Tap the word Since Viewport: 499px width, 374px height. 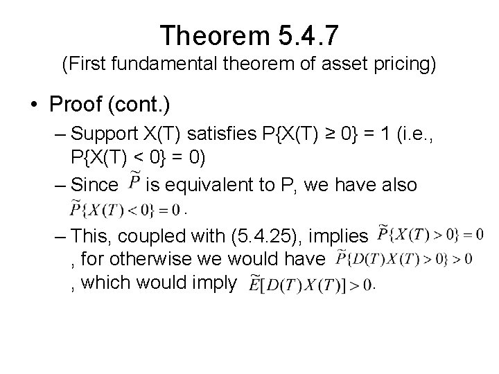point(95,184)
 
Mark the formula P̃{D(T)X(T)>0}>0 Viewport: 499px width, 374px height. point(403,258)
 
